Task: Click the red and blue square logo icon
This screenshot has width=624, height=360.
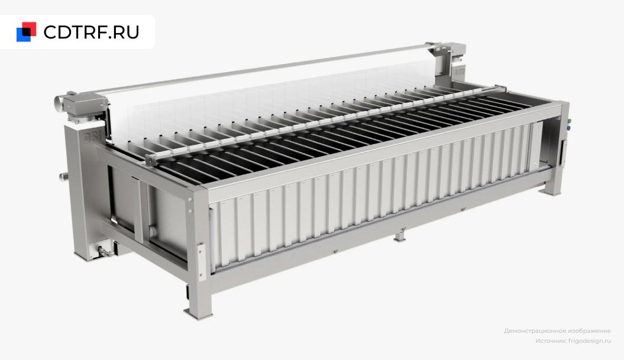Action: [x=26, y=32]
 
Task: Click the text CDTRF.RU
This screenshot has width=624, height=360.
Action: [x=91, y=33]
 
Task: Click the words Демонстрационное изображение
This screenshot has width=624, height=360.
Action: [x=557, y=331]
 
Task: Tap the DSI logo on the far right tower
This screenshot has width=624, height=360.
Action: [x=459, y=72]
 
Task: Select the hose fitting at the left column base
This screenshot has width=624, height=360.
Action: [x=103, y=251]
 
